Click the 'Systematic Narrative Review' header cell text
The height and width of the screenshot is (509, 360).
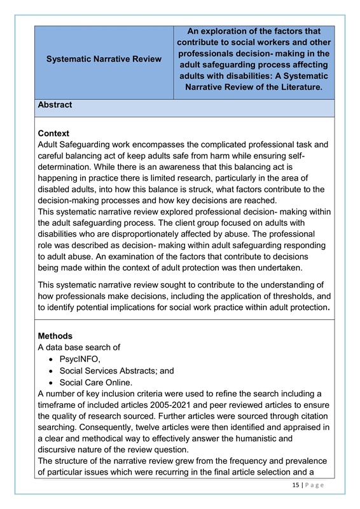tap(104, 59)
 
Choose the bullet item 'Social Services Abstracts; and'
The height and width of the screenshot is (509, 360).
tap(116, 370)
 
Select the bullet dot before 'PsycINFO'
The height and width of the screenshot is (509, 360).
tap(50, 359)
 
